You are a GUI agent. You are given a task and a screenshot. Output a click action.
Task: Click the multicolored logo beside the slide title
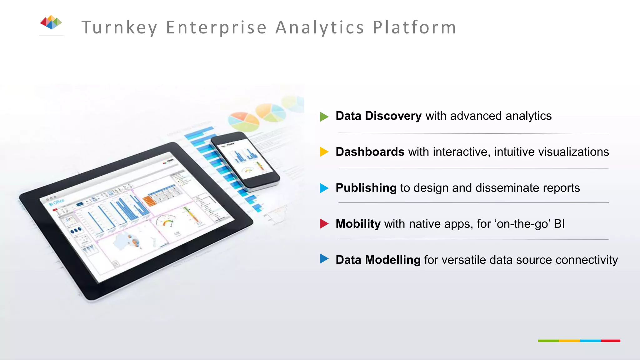51,22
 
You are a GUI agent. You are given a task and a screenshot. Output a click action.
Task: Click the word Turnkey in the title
119,27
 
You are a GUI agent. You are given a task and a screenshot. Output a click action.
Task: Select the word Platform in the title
415,27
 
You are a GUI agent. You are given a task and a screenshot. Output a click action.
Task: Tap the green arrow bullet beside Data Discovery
324,117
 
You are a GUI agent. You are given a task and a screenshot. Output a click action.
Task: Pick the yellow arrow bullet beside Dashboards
324,152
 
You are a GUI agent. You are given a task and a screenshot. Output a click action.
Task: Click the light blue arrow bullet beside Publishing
324,188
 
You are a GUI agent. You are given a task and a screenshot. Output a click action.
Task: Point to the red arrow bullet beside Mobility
324,224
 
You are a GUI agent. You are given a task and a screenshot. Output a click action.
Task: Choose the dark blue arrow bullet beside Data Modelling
324,259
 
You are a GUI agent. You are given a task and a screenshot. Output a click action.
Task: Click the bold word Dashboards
370,152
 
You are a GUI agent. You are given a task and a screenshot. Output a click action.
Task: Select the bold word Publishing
366,188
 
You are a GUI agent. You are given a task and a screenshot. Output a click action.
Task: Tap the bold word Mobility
358,224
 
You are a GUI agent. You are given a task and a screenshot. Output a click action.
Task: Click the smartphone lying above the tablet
245,161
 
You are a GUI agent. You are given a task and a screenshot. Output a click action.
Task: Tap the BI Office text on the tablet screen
57,202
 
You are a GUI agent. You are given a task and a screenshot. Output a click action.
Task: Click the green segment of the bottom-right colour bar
548,341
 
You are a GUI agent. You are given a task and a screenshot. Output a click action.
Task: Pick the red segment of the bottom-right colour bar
610,341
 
